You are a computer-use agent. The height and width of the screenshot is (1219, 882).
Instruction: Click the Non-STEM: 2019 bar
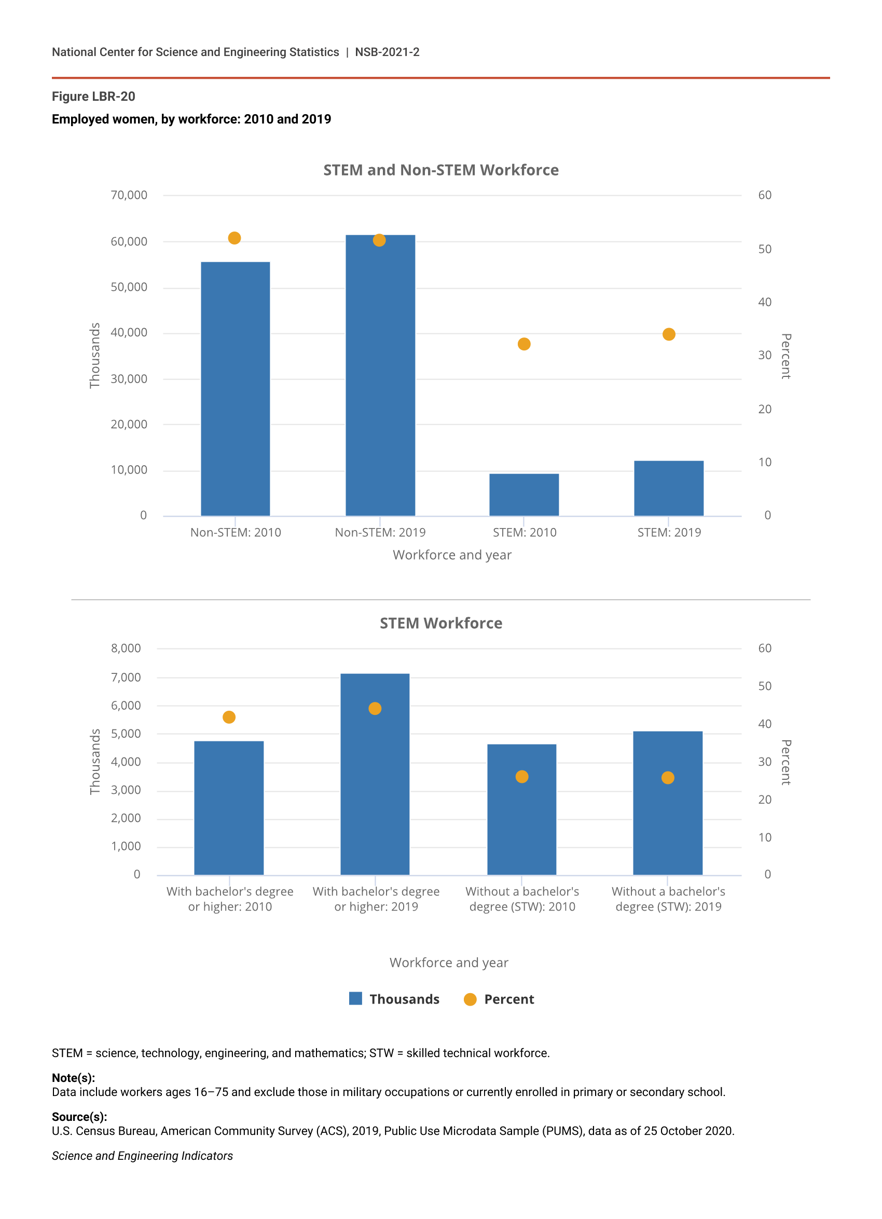coord(380,376)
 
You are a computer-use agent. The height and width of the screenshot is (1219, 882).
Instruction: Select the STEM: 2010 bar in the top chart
coord(523,494)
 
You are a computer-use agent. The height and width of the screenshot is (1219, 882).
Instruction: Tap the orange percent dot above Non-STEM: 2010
coord(234,238)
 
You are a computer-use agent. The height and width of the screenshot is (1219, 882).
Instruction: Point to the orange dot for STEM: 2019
coord(668,334)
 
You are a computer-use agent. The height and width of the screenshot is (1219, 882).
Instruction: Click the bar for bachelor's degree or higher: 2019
coord(375,779)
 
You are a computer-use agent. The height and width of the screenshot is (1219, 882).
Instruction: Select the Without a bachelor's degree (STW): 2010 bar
coord(521,811)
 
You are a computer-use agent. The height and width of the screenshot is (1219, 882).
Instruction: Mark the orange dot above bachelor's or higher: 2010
coord(229,717)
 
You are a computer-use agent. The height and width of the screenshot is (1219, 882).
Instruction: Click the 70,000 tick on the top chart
coord(129,195)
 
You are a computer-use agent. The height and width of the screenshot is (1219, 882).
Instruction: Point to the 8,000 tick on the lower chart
coord(126,648)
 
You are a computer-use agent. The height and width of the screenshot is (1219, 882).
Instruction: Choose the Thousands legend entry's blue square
coord(355,998)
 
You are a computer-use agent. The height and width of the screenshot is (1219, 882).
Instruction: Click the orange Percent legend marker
coord(470,999)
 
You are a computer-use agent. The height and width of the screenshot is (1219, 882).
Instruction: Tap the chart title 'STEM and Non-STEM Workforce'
coord(440,170)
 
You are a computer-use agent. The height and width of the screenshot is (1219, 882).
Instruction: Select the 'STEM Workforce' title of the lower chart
coord(440,624)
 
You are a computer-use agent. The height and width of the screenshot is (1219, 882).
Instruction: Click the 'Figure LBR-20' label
coord(93,97)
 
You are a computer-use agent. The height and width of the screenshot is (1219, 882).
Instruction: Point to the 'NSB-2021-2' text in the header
coord(387,52)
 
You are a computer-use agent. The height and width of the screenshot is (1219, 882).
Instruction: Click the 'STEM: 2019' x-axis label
coord(669,533)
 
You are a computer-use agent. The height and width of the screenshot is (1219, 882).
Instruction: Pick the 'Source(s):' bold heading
coord(79,1117)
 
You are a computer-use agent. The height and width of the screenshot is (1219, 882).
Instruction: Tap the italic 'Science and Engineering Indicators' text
coord(142,1156)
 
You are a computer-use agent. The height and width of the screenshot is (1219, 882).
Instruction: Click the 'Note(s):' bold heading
coord(73,1078)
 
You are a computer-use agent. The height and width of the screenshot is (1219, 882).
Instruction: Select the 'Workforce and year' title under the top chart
coord(452,555)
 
